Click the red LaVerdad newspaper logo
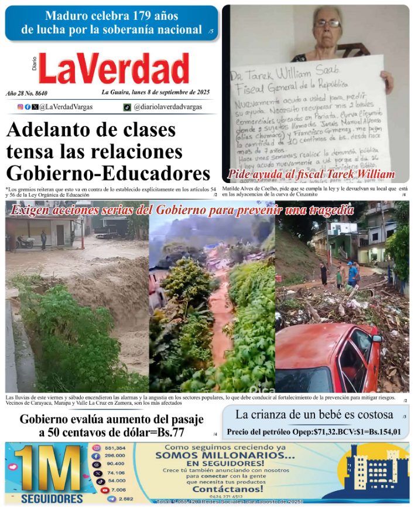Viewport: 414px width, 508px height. coord(114,69)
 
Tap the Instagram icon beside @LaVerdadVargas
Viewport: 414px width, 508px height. coord(20,107)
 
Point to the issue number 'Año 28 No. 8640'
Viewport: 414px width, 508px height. coord(26,93)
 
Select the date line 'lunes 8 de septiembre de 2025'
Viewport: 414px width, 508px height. coord(155,92)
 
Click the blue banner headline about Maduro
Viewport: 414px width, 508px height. coord(111,23)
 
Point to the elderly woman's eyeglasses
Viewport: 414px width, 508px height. coord(328,23)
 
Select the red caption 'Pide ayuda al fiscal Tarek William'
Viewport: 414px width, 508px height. coord(311,174)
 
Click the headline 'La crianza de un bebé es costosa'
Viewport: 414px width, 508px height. coord(314,415)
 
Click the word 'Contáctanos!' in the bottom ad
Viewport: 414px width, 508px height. coord(228,489)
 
